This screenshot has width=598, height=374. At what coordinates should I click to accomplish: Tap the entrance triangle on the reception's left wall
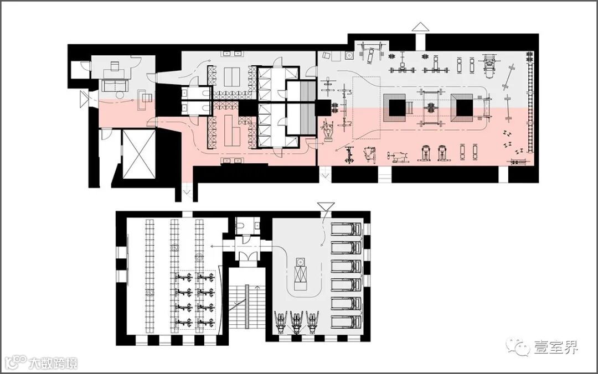pos(84,98)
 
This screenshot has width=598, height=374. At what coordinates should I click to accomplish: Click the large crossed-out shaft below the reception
pos(139,154)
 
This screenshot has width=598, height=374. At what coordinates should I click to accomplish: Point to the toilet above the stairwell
pos(240,226)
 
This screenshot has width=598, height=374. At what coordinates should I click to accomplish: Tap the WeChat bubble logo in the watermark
pos(519,347)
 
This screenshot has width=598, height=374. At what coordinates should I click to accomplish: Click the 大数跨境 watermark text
pos(53,363)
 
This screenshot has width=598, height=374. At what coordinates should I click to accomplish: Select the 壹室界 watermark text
pos(555,347)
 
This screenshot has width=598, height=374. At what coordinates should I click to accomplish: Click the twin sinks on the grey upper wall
pos(234,53)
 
